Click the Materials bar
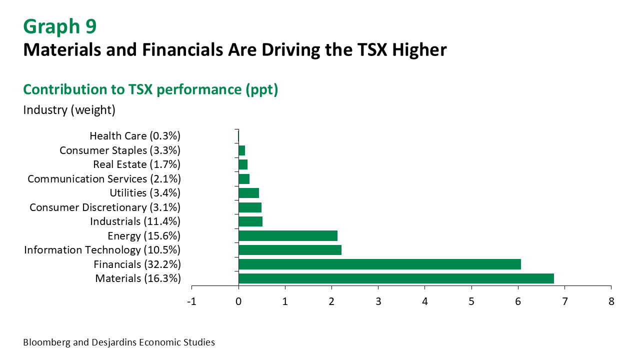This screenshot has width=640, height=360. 396,278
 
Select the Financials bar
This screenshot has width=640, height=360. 379,264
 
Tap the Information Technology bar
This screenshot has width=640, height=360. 290,250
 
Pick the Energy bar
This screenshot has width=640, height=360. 288,235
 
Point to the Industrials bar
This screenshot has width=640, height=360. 250,221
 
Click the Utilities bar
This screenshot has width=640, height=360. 249,193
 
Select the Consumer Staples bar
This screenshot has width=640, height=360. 242,150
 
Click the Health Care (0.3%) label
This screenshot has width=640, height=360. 135,136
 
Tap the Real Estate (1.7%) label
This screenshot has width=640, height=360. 136,164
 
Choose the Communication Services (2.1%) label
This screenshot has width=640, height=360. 104,178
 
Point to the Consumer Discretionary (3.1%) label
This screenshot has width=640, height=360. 105,207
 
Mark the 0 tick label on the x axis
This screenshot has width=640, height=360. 238,302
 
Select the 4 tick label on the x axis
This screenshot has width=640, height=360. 424,302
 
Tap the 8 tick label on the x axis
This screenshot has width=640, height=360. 611,302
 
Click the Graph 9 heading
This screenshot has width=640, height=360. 59,26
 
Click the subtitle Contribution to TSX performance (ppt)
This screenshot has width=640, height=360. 150,89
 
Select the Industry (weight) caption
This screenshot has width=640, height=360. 69,110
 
